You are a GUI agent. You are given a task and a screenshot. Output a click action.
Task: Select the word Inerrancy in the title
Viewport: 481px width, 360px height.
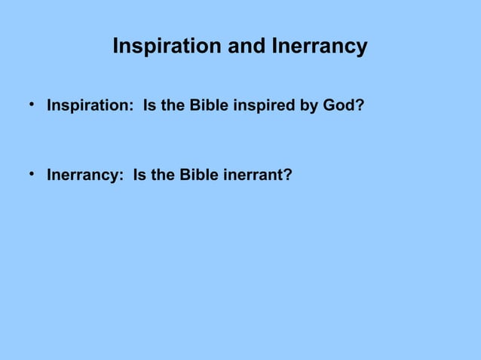[317, 47]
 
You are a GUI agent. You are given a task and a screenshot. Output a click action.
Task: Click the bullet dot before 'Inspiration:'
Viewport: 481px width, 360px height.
[33, 105]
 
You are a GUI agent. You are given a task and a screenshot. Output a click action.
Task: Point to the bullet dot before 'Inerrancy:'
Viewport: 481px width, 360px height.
[33, 174]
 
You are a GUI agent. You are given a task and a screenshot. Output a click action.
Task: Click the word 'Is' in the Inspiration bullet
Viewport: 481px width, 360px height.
[149, 106]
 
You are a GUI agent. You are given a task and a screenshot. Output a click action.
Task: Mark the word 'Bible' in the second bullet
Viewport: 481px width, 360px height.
[199, 175]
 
